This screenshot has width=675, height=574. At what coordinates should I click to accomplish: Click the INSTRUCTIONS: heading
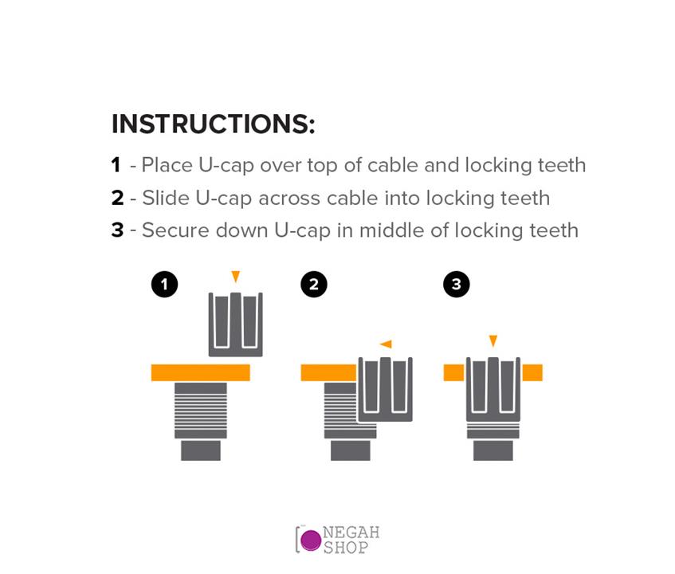pos(213,124)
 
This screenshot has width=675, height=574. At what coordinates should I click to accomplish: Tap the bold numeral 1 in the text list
pos(116,165)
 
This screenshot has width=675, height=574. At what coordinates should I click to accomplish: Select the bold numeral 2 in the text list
pos(117,198)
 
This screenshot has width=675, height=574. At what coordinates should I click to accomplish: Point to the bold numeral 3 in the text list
pos(117,230)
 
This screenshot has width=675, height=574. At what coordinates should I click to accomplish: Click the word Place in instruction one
pos(167,165)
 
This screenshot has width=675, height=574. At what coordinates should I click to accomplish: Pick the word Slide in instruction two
pos(166,198)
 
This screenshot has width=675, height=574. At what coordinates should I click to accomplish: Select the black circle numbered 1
pos(164,285)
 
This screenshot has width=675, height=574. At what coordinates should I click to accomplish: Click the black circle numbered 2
pos(314,285)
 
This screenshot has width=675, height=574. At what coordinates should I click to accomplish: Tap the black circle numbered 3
pos(457,285)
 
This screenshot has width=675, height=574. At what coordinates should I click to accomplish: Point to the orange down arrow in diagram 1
pos(235,277)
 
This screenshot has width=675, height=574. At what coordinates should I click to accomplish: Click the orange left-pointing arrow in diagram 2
pos(387,344)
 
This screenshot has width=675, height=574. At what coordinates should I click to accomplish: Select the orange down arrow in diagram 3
pos(493,340)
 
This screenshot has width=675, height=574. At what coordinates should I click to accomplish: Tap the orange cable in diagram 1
pos(201,373)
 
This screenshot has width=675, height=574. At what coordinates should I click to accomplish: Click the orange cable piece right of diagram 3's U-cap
pos(532,373)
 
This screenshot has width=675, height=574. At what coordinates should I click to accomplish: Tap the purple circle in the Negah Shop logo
pos(311,541)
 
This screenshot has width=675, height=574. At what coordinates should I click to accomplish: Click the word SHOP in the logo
pos(346,548)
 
